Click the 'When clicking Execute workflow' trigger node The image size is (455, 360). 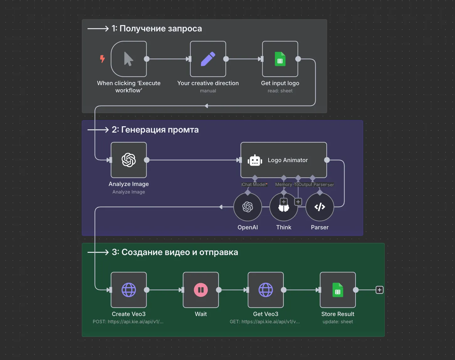click(129, 59)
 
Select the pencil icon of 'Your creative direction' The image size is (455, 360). click(208, 59)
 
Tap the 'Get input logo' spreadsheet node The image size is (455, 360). click(280, 59)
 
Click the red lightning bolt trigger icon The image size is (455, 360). click(102, 58)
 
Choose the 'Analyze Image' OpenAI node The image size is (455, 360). click(129, 160)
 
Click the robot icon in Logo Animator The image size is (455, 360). click(255, 160)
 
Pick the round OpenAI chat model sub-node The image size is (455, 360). click(248, 207)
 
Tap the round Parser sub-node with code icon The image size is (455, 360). click(319, 207)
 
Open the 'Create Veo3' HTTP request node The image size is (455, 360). click(129, 290)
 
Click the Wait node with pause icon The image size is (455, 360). click(201, 290)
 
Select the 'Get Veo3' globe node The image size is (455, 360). click(265, 290)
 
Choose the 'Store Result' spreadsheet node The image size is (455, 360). click(338, 290)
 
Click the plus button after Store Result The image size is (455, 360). click(379, 290)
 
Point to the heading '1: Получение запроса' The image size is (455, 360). click(157, 29)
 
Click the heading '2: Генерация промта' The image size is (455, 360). click(155, 130)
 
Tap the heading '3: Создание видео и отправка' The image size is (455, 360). click(175, 252)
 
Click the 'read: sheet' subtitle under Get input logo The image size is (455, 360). click(280, 91)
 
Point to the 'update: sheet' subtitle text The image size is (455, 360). click(338, 322)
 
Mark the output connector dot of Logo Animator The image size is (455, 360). click(327, 160)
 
